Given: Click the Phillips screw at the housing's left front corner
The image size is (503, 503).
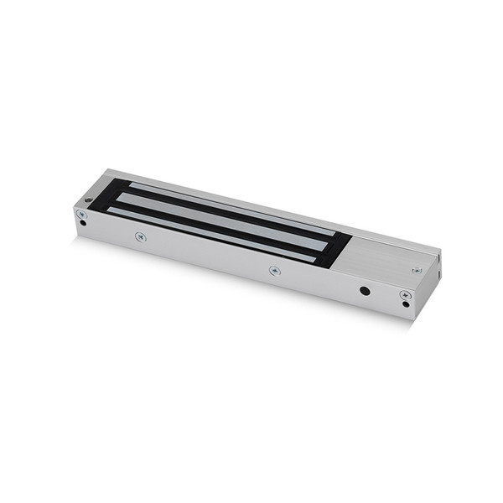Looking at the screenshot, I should [81, 214].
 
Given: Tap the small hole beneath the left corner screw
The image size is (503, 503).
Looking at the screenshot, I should [82, 223].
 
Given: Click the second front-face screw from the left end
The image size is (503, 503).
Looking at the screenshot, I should [141, 237].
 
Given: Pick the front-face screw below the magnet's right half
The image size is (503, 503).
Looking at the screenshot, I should [274, 270].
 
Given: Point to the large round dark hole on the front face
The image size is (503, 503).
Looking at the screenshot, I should [365, 291].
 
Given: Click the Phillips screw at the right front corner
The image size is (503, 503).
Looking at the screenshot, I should [405, 295].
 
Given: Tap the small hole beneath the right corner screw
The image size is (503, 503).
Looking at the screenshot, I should [406, 304].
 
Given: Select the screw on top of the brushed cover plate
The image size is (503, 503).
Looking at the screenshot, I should [417, 270].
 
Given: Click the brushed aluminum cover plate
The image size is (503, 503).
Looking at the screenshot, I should [386, 256].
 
